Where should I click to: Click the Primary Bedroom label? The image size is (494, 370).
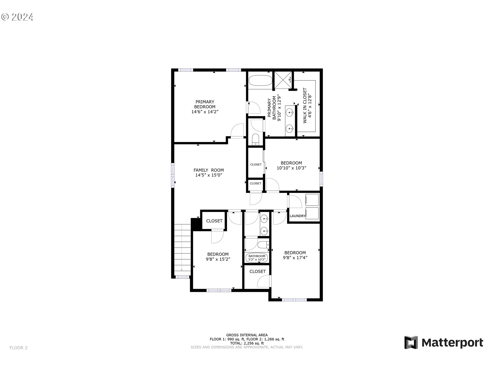(205, 104)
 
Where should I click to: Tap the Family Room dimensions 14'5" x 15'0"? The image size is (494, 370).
(208, 175)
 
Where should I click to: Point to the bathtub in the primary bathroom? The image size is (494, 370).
(260, 80)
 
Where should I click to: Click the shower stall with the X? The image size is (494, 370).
(283, 80)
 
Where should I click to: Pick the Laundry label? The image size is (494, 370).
(297, 216)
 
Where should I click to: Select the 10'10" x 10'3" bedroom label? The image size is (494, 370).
(291, 165)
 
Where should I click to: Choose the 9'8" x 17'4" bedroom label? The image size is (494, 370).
(295, 255)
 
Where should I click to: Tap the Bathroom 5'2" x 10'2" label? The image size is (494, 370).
(257, 258)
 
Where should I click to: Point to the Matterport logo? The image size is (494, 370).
(444, 343)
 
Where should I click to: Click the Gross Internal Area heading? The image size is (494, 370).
(247, 335)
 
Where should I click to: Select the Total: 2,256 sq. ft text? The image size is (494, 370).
(247, 343)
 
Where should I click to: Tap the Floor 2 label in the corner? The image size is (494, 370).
(19, 348)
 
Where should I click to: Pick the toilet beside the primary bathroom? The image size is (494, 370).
(255, 139)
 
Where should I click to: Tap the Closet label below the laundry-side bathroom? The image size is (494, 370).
(257, 271)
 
